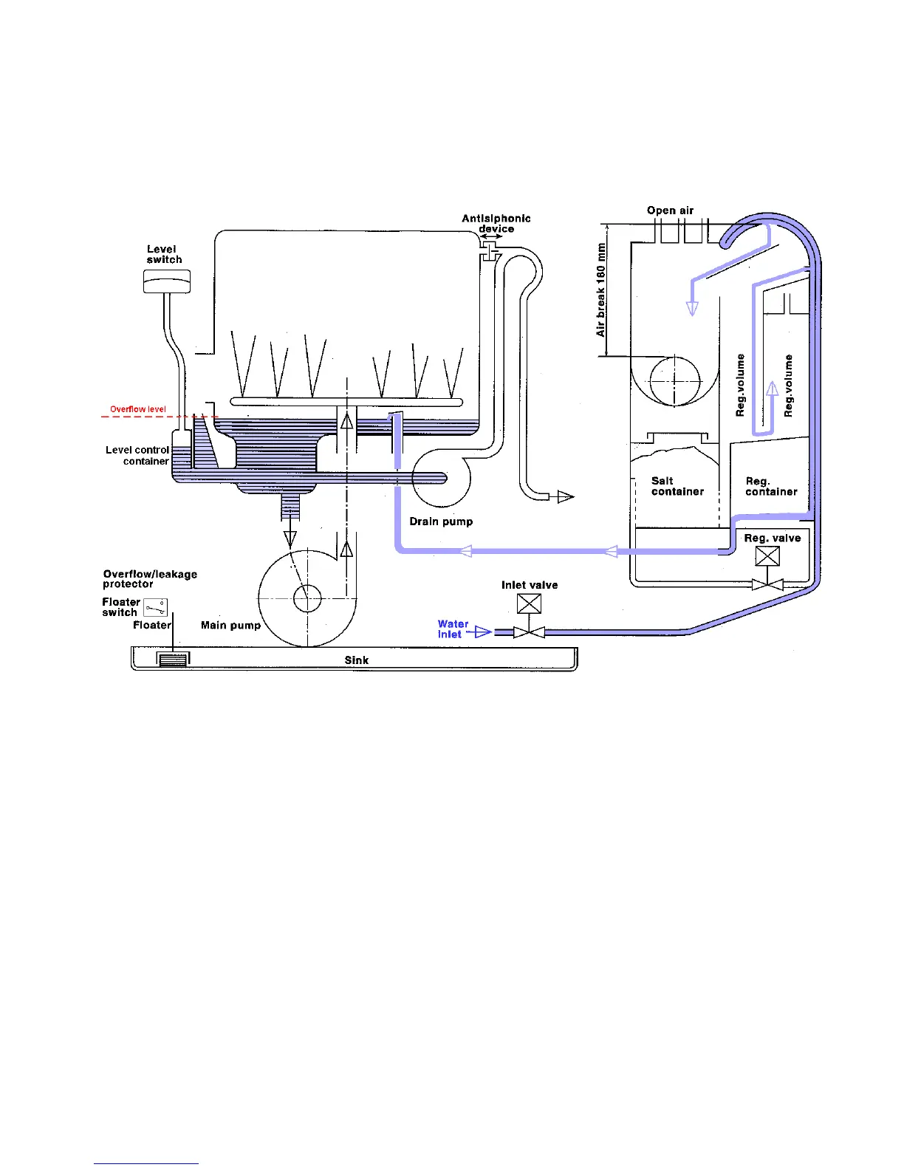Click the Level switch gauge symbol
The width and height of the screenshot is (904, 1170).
click(x=166, y=281)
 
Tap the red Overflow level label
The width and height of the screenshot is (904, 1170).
click(x=138, y=409)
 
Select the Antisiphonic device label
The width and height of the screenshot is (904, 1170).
click(x=496, y=223)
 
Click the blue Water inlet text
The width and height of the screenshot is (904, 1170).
click(x=452, y=629)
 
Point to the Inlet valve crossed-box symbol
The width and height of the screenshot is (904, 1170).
click(x=529, y=603)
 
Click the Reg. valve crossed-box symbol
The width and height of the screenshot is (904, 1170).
click(x=767, y=555)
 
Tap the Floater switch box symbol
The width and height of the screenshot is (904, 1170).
click(x=155, y=608)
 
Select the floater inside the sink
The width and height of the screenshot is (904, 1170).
click(x=172, y=660)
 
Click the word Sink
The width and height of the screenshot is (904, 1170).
click(x=356, y=660)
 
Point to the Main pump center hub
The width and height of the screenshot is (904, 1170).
click(x=307, y=598)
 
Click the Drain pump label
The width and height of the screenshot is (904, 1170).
click(x=441, y=521)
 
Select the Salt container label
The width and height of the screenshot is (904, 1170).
click(x=677, y=486)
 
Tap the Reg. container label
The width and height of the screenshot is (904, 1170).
click(x=771, y=486)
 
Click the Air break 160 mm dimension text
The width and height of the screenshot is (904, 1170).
click(x=601, y=290)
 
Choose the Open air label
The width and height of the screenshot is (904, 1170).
click(x=670, y=211)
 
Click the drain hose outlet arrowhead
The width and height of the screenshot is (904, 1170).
click(x=565, y=497)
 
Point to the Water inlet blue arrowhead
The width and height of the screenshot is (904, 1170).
click(x=483, y=632)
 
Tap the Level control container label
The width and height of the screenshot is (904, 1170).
click(x=137, y=455)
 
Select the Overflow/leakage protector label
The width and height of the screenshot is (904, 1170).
click(x=150, y=578)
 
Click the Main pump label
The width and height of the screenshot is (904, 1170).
click(x=230, y=625)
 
